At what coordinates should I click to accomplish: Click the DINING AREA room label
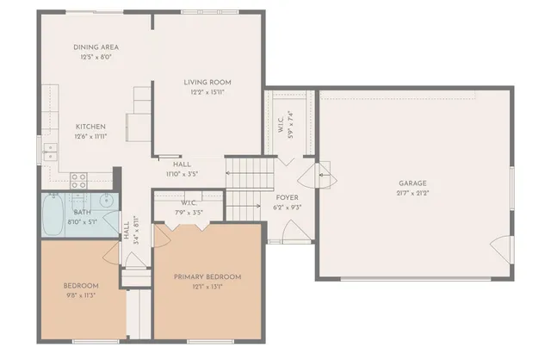pos(96,47)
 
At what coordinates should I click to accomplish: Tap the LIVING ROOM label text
pos(207,83)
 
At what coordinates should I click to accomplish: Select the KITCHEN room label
pos(90,126)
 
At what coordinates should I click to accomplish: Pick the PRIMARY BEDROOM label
pos(207,276)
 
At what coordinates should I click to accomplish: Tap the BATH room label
pos(82,212)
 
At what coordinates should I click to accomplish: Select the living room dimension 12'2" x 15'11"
pos(207,93)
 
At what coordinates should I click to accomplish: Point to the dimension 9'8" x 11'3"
pos(81,295)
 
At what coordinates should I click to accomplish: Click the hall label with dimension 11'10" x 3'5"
pos(182,169)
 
